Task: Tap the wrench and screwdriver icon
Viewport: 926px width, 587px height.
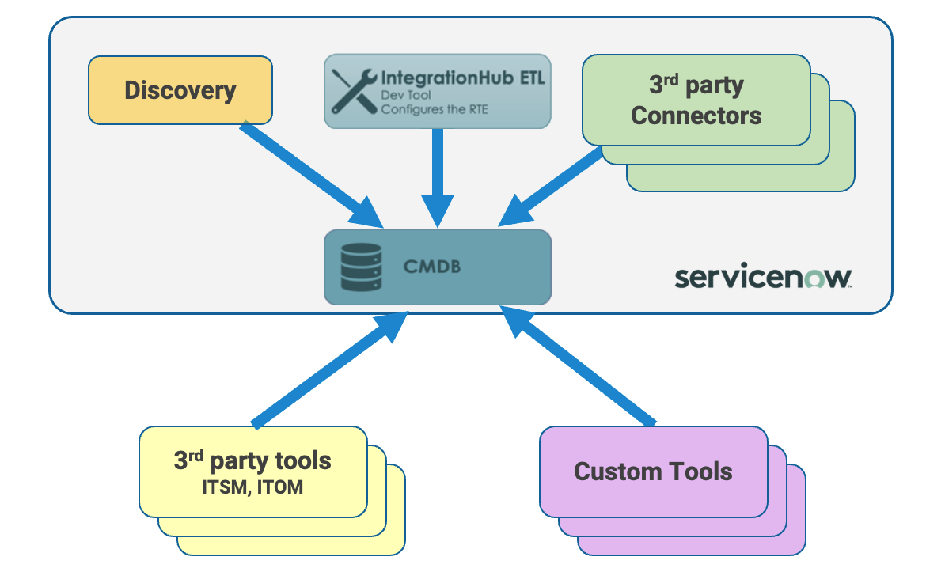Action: pyautogui.click(x=353, y=91)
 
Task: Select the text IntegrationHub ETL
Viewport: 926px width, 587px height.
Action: pyautogui.click(x=463, y=78)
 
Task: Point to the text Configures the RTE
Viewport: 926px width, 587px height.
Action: pyautogui.click(x=435, y=108)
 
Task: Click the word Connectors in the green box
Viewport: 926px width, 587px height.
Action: pyautogui.click(x=696, y=116)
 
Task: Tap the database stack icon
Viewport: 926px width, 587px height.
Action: pyautogui.click(x=361, y=267)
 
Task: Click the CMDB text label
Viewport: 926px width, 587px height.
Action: pyautogui.click(x=432, y=267)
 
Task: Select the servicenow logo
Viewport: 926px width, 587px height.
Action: pyautogui.click(x=763, y=278)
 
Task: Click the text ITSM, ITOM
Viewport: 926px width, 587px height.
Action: pyautogui.click(x=252, y=487)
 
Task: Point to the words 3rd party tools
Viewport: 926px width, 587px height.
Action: pyautogui.click(x=252, y=460)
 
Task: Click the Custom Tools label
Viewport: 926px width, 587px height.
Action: pyautogui.click(x=653, y=471)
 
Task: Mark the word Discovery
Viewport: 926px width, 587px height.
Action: pyautogui.click(x=180, y=90)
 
